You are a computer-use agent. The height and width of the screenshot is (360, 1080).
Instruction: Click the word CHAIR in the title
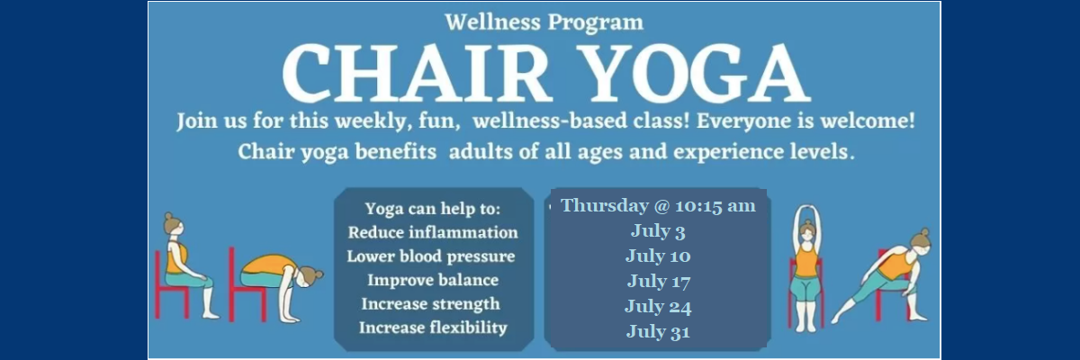tap(417, 72)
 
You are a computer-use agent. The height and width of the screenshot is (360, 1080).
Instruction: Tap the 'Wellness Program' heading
tap(544, 22)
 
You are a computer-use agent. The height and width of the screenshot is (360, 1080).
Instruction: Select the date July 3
tap(658, 230)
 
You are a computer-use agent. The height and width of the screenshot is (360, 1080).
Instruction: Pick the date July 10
tap(658, 256)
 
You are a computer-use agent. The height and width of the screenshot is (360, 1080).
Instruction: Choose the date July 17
tap(659, 281)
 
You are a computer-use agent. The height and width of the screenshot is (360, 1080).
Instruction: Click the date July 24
tap(658, 306)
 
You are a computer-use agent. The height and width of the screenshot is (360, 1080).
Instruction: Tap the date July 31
tap(658, 331)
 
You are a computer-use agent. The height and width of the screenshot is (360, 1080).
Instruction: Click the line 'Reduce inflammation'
tap(433, 232)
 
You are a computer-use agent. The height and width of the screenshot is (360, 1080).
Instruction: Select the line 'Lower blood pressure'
tap(431, 256)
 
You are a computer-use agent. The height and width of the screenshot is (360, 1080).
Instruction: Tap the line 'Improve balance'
tap(433, 280)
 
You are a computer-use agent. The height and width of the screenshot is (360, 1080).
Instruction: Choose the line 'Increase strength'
tap(430, 303)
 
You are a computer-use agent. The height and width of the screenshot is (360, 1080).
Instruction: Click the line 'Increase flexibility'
tap(433, 328)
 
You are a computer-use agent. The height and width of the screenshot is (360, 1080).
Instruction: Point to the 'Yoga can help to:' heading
tap(433, 209)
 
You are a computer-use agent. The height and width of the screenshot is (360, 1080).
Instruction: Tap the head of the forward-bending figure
tap(309, 279)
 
